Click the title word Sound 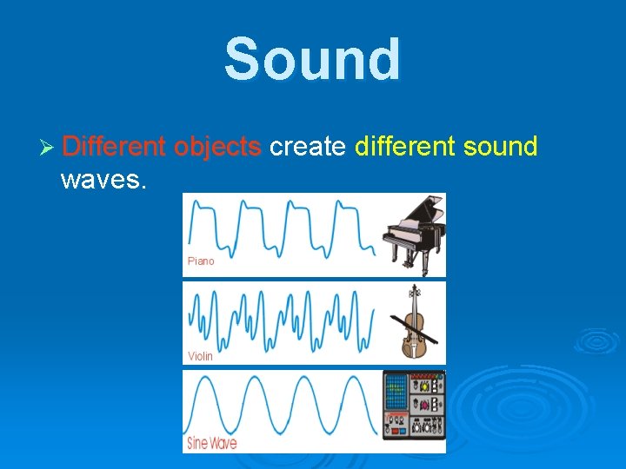click(x=313, y=59)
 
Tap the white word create click(x=308, y=147)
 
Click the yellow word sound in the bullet click(x=501, y=147)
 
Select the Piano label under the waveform click(x=201, y=261)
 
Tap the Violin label click(x=200, y=356)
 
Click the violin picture click(x=414, y=321)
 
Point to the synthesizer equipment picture click(x=414, y=406)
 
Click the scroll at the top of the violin click(x=415, y=289)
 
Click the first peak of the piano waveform click(x=196, y=204)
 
